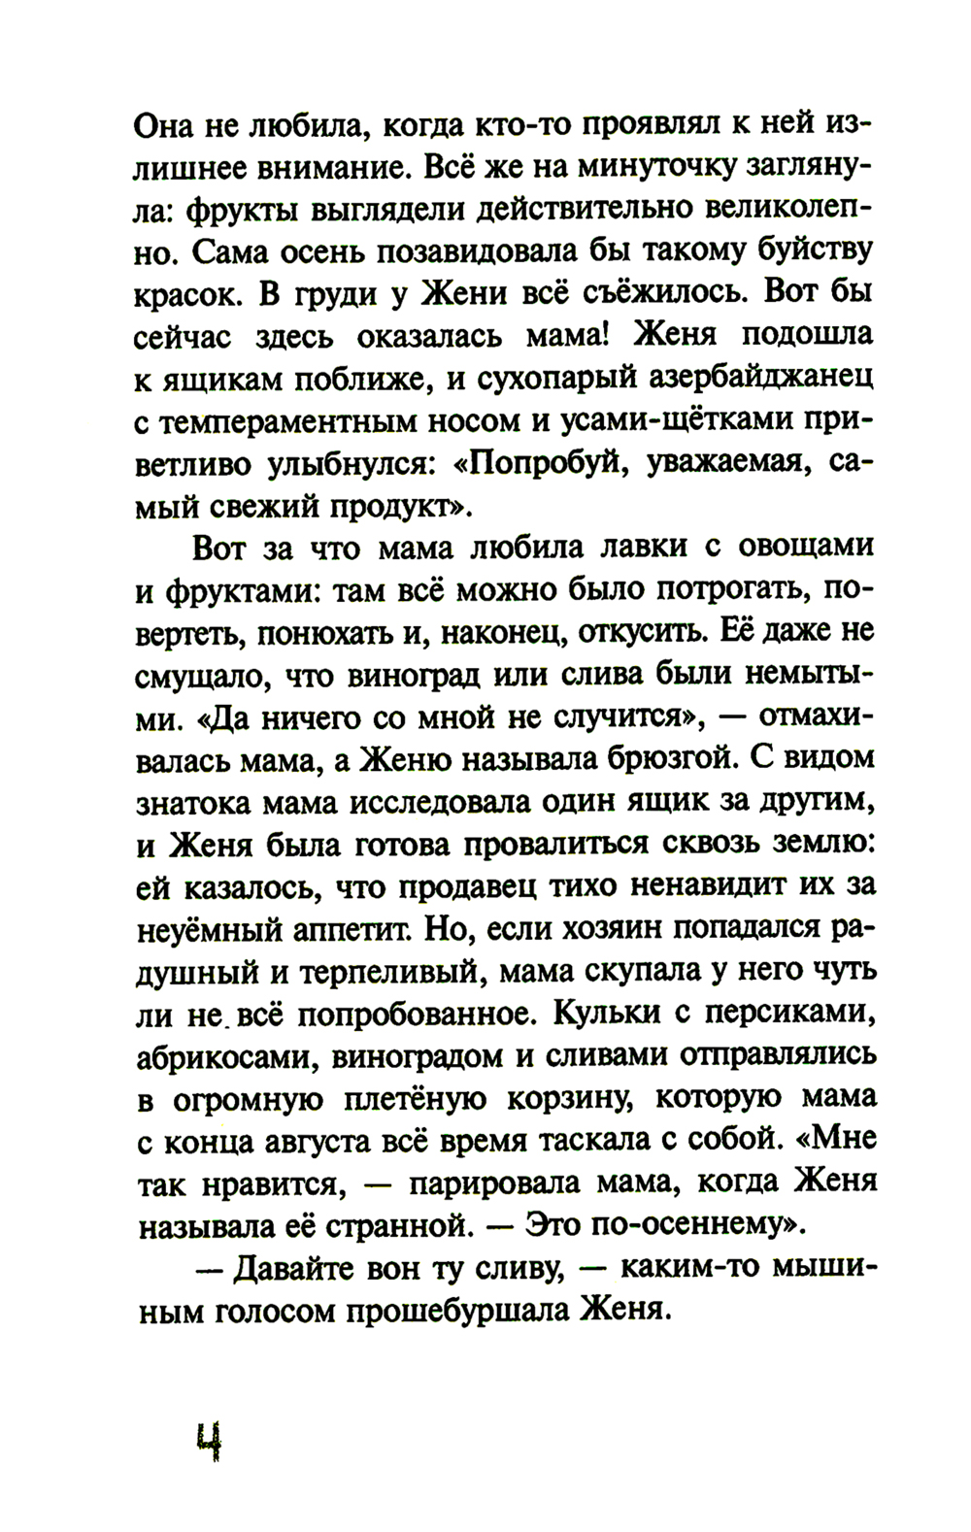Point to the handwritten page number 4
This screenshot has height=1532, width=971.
click(208, 1440)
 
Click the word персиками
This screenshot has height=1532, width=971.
click(787, 1013)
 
